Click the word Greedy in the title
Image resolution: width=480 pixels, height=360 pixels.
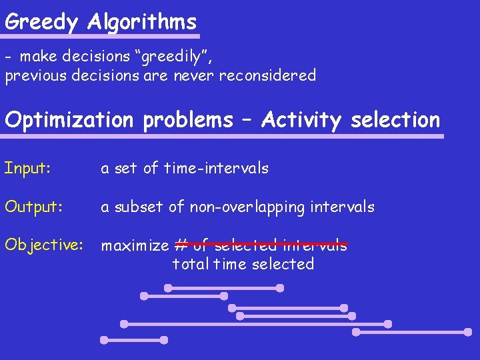coord(42,22)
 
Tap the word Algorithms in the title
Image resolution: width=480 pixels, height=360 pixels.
coord(142,22)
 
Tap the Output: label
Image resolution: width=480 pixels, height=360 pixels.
coord(33,207)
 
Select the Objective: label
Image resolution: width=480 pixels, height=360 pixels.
coord(43,245)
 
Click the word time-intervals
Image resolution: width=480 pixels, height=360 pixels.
coord(216,168)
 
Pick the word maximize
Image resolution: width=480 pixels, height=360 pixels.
coord(135,245)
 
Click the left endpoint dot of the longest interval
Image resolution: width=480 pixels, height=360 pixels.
coord(124,324)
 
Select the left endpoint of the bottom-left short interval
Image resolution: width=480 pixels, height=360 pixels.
coord(104,339)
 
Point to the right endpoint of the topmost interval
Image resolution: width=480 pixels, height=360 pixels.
coord(280,288)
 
